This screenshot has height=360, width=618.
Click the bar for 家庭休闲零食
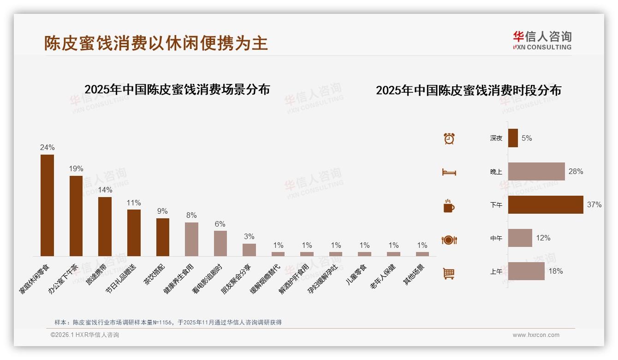[47, 205]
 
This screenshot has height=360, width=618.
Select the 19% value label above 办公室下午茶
[76, 169]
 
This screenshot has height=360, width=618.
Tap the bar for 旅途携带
[105, 226]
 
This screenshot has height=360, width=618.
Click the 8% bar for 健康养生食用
[191, 239]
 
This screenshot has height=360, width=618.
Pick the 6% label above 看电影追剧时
[220, 224]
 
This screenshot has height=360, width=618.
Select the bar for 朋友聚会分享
[249, 250]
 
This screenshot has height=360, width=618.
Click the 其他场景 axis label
[414, 275]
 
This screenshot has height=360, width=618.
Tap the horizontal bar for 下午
[545, 204]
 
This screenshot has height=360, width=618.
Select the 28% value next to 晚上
[576, 171]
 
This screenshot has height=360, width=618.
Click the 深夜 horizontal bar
[513, 138]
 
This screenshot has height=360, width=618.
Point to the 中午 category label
[496, 238]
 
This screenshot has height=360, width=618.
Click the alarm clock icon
[449, 138]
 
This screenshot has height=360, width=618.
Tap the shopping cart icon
[449, 273]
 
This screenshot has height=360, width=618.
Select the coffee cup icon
[449, 206]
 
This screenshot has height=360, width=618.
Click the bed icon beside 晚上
[449, 172]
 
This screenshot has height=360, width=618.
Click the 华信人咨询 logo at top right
[542, 40]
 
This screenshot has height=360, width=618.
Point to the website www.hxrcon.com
[536, 335]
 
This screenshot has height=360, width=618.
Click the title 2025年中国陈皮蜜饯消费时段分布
[468, 90]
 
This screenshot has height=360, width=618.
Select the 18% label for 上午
[555, 271]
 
